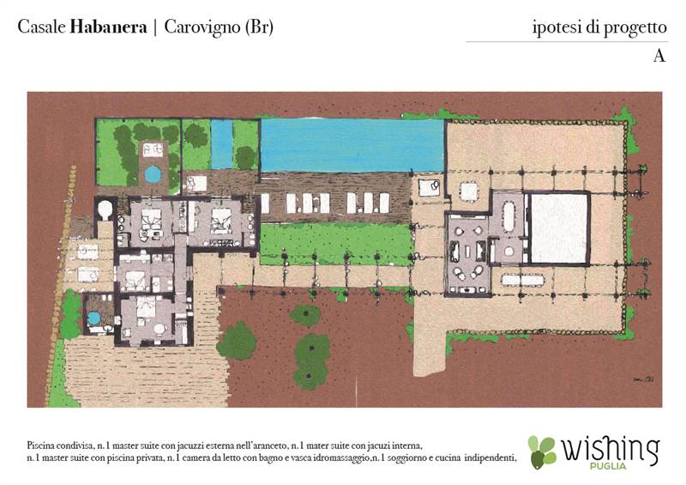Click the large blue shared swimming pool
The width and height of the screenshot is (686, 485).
tap(352, 144)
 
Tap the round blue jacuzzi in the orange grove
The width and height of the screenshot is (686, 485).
tap(153, 174)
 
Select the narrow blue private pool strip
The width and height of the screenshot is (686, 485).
tap(221, 143)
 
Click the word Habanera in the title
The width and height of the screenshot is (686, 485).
tap(107, 27)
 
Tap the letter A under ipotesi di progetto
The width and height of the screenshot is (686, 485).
tap(659, 56)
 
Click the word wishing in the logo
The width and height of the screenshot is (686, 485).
tap(610, 448)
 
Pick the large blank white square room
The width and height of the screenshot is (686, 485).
tap(559, 228)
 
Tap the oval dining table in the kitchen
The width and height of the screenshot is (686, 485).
tap(508, 217)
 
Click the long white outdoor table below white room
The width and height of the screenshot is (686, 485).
tap(523, 280)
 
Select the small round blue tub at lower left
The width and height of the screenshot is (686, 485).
tap(93, 318)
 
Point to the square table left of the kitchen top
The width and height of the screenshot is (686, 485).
tap(468, 191)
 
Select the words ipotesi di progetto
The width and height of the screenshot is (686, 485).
tap(599, 27)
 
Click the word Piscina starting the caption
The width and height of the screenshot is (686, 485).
tap(42, 446)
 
